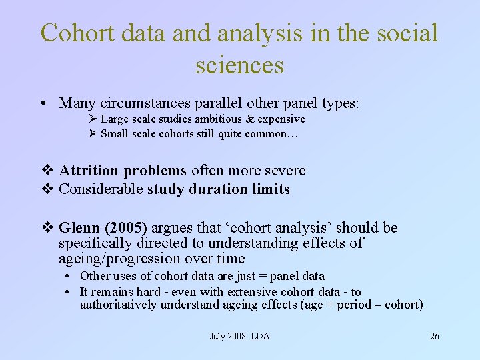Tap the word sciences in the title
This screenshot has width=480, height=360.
tap(240, 65)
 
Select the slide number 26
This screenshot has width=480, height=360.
tap(435, 336)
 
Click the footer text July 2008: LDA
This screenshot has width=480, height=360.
tap(239, 336)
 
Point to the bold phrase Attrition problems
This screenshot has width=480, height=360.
tap(123, 171)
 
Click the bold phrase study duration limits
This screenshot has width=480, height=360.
tap(219, 189)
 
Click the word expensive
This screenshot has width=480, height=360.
tap(279, 119)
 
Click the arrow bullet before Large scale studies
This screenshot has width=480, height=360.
tap(93, 119)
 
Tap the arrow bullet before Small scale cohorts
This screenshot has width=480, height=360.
tap(93, 134)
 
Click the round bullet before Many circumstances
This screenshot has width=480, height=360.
tap(43, 103)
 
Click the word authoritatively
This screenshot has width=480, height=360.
tap(117, 305)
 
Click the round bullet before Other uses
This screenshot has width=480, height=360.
tap(69, 276)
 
